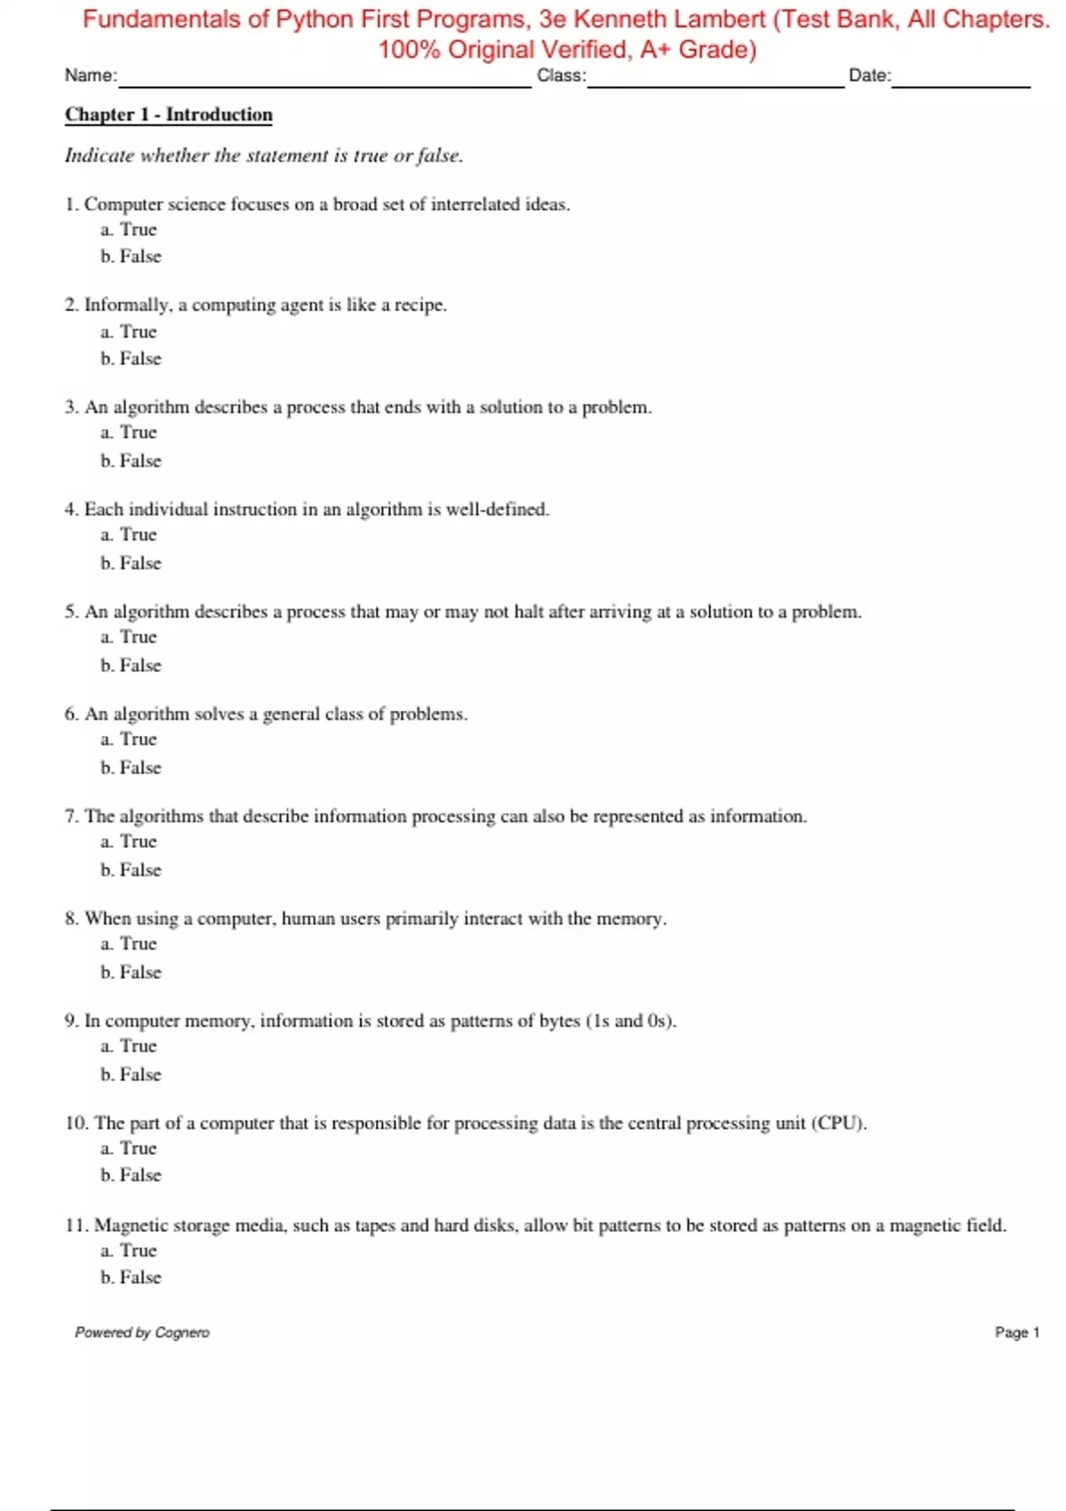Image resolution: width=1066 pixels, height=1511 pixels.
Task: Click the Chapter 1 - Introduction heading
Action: [169, 115]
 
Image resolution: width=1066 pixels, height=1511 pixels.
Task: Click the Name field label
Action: [91, 76]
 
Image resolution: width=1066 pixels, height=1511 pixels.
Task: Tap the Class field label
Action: [561, 76]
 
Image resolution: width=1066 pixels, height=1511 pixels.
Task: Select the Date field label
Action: [870, 76]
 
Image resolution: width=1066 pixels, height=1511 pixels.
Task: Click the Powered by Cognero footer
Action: [142, 1332]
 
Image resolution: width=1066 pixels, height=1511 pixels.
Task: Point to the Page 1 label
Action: [1016, 1332]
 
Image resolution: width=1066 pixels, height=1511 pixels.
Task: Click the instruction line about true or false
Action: [264, 156]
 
